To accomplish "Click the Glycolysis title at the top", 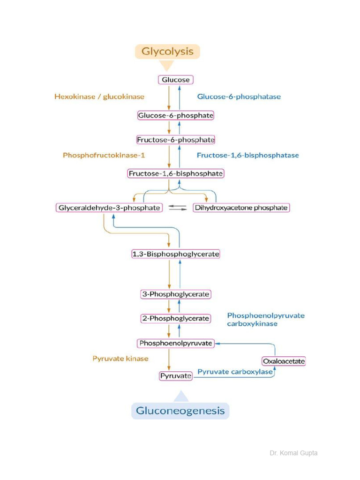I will [168, 52].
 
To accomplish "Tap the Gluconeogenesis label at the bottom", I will [180, 411].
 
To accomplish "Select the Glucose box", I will [176, 80].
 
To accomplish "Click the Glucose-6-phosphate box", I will [176, 115].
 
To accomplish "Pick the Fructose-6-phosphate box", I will [176, 140].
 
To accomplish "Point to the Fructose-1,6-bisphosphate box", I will [176, 173].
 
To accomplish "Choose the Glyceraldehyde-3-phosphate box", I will [109, 207].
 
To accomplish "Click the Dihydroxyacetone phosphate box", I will [241, 207].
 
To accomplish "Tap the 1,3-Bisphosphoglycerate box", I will [175, 254].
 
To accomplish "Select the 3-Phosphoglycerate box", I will [176, 294].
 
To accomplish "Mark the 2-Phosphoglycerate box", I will [175, 318].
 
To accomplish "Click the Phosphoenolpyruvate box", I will [176, 344].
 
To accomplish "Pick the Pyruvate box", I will [176, 376].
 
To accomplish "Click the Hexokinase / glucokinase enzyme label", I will [99, 97].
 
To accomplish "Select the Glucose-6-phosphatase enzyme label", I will [239, 97].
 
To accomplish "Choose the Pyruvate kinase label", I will [120, 359].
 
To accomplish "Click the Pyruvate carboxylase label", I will [235, 372].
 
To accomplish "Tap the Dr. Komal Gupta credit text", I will [293, 453].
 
